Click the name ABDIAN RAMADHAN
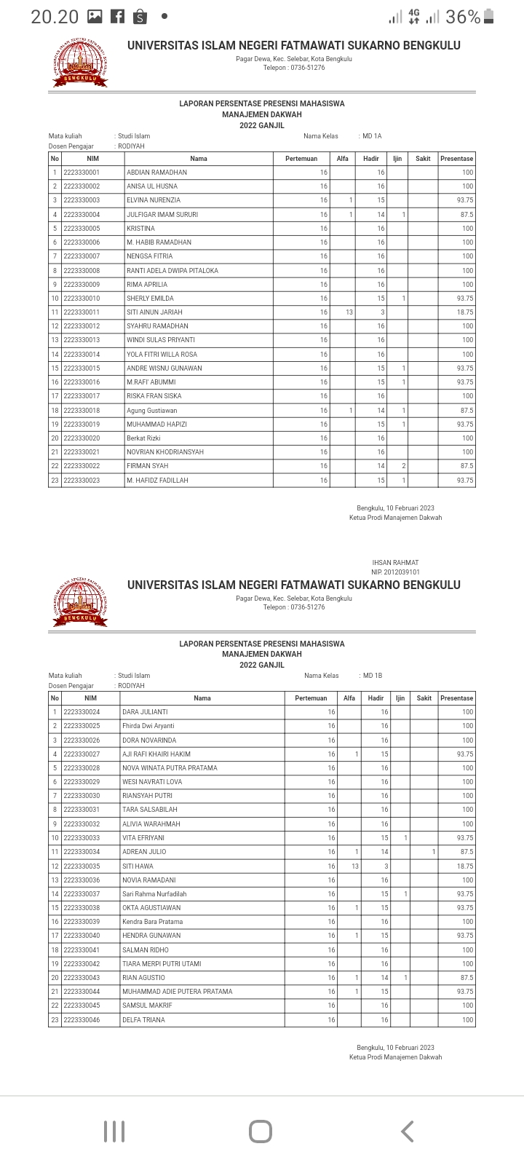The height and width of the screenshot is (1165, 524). pos(156,173)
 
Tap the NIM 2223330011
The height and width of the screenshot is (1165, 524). pos(82,312)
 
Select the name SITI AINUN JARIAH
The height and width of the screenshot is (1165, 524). pos(154,312)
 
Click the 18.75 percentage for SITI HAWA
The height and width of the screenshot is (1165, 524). pos(464,866)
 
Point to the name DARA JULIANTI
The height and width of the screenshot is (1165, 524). pos(145,712)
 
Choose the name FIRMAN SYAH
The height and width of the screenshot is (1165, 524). pos(147,466)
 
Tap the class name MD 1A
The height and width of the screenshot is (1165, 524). pos(372,136)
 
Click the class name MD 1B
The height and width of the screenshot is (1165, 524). pos(373,676)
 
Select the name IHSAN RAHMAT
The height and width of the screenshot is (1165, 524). pos(395,563)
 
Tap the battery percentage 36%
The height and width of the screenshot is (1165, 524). pos(463,17)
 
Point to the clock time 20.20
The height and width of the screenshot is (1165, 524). pos(55,17)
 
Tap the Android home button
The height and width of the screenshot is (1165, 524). pos(261,1132)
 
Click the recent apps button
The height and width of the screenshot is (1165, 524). pos(114,1132)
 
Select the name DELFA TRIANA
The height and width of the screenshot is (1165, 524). pos(143,1020)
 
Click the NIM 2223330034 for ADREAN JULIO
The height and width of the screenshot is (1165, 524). pos(82,852)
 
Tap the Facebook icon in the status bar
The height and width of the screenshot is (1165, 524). pos(117,17)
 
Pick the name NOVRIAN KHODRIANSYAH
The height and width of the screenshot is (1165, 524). pos(165,452)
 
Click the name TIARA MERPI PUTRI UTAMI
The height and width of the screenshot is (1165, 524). pos(162,964)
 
